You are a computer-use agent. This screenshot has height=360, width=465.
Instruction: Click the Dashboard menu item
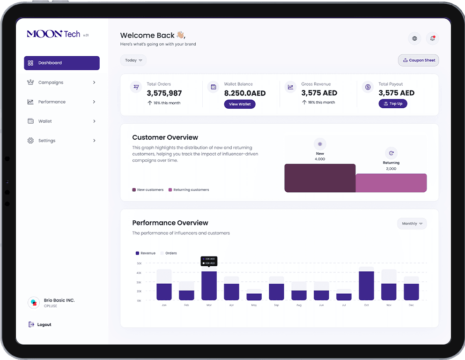point(61,63)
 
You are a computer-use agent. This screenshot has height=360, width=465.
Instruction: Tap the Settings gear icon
point(30,141)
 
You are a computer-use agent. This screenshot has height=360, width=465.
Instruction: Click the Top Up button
point(392,104)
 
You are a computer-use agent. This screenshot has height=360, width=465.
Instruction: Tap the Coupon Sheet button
point(418,60)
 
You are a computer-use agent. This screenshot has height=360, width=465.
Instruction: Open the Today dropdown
point(133,60)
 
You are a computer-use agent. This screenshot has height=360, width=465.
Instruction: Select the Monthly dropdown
point(412,224)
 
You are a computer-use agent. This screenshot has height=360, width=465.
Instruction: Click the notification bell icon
point(432,38)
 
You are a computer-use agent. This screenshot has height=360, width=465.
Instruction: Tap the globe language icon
point(414,38)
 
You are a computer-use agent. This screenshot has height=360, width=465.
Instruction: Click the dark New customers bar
point(320,178)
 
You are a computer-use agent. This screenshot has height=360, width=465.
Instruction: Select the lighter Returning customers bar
point(391,183)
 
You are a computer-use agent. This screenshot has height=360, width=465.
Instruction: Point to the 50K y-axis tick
point(139,263)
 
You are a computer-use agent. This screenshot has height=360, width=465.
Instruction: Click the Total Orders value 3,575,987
point(164,93)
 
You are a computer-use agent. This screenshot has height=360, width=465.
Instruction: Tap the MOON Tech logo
point(53,34)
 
